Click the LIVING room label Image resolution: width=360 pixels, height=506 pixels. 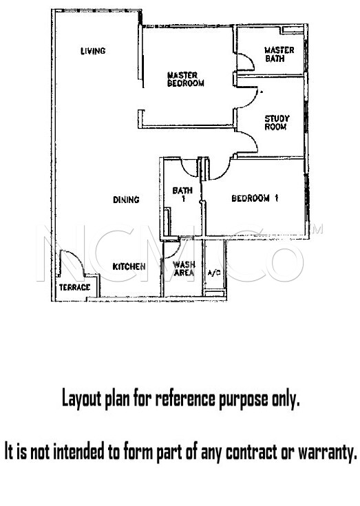pos(93,51)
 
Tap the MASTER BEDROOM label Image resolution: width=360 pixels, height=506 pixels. pos(185,79)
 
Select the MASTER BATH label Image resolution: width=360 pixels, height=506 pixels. pos(279,54)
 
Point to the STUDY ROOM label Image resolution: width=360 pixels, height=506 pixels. pos(277,123)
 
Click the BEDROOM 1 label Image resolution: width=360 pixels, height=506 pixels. pos(255,198)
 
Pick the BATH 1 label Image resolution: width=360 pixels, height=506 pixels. pos(182,194)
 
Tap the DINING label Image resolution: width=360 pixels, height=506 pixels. pos(126,200)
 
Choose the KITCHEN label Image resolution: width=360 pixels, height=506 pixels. pos(129,266)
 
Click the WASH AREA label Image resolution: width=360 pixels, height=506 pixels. pos(184,268)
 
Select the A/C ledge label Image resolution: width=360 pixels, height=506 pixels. pos(214,273)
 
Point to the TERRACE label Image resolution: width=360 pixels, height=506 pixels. pos(74,287)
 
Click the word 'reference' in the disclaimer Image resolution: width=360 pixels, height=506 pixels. pos(185,399)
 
